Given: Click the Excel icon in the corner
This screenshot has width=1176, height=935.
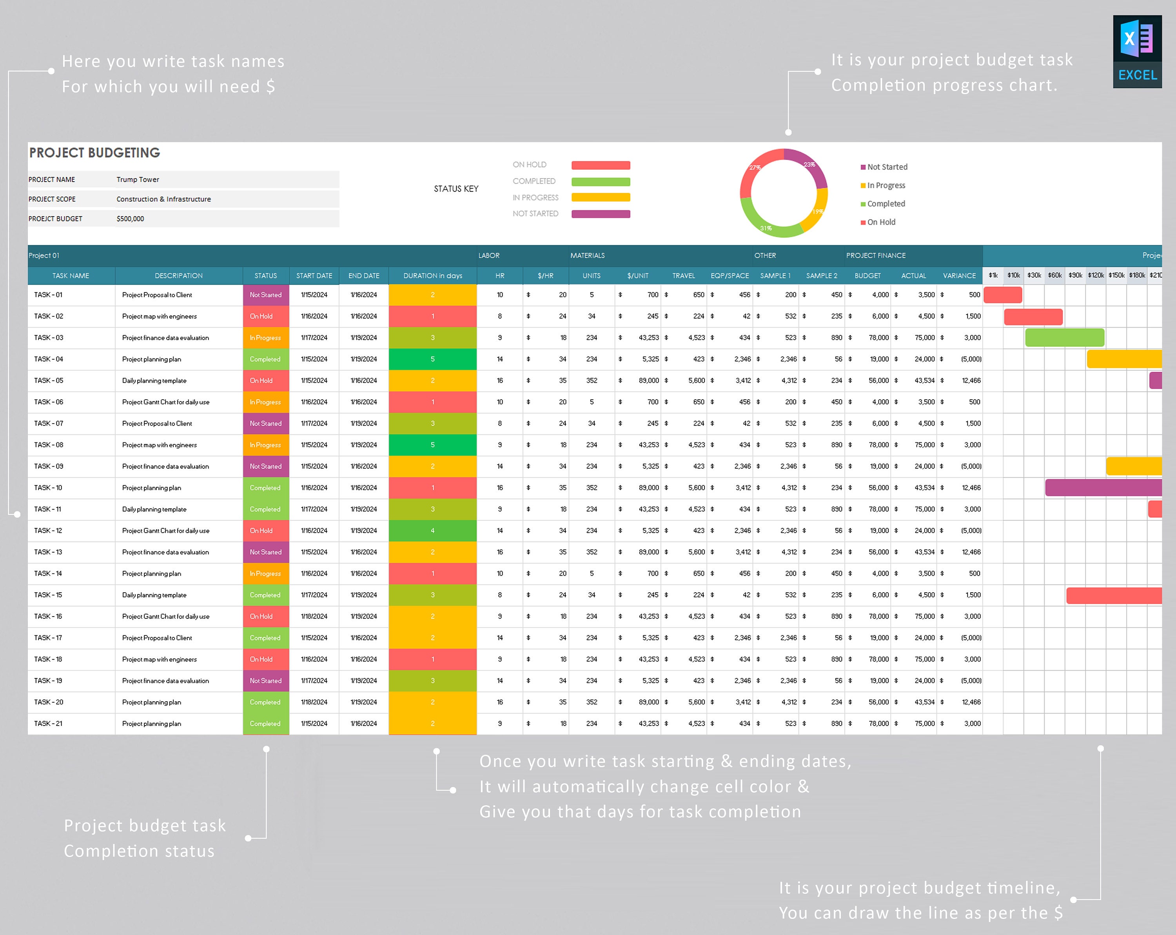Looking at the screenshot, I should point(1137,51).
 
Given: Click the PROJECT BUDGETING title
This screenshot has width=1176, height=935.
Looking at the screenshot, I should point(94,153).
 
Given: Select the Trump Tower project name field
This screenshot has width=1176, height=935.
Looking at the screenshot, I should point(138,180).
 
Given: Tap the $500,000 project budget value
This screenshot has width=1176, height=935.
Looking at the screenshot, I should point(131,219).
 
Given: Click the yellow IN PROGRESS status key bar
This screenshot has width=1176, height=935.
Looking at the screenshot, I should point(601,198).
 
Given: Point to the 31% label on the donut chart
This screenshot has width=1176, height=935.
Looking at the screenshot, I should point(766,228).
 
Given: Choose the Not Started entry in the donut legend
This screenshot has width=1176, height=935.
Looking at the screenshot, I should point(887,167).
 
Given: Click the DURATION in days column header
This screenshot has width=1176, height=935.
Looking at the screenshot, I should point(432,276).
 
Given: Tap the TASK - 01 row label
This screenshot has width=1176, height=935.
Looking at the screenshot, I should point(49,295).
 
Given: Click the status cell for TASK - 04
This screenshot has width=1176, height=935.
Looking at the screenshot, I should point(266,359).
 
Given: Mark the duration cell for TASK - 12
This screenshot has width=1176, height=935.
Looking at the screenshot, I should point(432,531).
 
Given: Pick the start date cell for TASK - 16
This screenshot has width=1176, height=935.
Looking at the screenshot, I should point(314,616).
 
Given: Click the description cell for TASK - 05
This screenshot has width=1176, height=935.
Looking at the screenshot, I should point(154,380).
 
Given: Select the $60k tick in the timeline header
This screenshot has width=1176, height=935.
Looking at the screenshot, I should point(1054,276).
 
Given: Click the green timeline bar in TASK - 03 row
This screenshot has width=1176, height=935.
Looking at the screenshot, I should point(1064,338).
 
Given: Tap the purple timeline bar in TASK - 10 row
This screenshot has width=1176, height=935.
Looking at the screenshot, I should point(1103,488).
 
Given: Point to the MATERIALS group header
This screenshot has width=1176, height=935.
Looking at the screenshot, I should point(588,255).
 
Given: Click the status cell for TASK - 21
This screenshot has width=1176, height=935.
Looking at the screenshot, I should point(266,724).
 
